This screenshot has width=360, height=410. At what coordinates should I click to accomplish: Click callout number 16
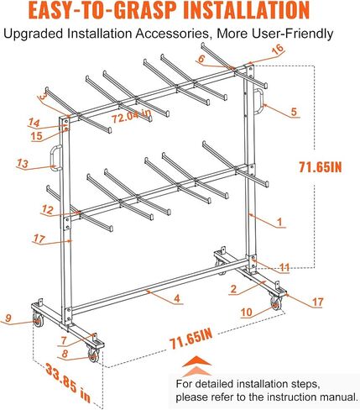278,50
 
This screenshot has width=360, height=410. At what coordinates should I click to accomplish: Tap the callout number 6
201,59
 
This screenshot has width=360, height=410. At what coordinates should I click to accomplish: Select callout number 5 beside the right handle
294,112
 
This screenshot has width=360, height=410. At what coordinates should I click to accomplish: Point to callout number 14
34,123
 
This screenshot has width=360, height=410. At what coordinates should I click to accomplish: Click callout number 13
23,163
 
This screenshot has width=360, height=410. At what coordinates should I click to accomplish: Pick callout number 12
48,209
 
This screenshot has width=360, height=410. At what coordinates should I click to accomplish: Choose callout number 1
279,222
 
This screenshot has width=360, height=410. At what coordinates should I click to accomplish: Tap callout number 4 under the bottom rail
177,298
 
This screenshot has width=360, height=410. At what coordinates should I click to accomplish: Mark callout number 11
284,267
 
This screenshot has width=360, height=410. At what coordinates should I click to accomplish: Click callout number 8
65,353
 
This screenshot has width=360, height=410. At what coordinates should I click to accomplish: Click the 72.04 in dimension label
132,116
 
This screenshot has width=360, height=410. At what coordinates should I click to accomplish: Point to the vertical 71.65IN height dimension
321,167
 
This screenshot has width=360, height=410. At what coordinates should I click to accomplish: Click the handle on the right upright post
259,101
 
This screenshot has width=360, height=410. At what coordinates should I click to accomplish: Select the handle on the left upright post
56,157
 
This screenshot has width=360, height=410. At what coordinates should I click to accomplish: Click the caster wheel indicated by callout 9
38,319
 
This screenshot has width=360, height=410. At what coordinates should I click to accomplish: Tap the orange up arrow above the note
197,365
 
